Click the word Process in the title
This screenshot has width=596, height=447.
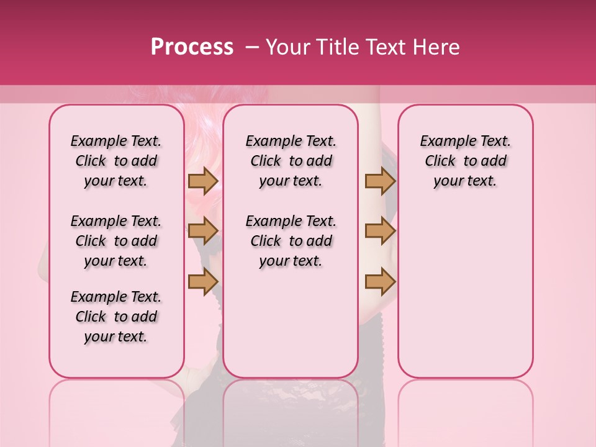[192, 47]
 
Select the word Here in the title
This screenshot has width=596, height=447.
[436, 47]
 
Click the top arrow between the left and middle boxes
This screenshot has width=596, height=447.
[203, 181]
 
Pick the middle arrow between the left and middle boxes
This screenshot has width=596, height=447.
[203, 231]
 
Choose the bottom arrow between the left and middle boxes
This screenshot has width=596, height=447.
[203, 281]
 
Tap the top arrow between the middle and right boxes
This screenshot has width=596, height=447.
[380, 181]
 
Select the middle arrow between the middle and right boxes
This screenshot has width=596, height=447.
[380, 231]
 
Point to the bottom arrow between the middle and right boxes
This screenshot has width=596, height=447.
[380, 281]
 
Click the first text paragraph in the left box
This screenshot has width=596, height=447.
[116, 161]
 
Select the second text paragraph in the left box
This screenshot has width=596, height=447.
[116, 241]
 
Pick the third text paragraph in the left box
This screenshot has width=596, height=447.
[116, 317]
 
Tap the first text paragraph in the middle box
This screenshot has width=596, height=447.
[291, 161]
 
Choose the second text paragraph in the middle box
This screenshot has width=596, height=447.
[291, 241]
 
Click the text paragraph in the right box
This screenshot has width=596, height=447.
[466, 161]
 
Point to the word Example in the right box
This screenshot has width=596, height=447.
[444, 142]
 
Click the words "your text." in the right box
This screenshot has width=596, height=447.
[466, 181]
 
